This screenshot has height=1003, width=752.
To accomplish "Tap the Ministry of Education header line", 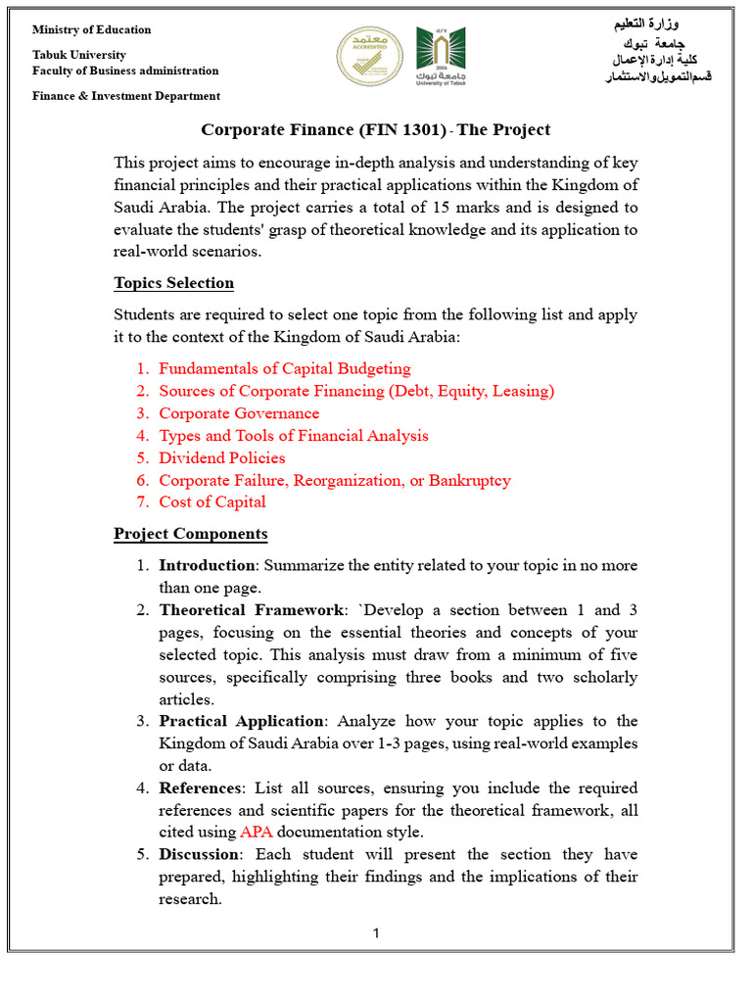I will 92,29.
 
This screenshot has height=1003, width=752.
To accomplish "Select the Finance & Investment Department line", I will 126,96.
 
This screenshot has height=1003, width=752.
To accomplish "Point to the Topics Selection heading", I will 173,283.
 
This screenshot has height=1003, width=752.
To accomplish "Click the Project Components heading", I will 190,534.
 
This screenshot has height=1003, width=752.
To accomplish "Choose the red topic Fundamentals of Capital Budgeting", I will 285,369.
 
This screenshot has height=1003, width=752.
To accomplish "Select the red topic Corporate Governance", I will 239,413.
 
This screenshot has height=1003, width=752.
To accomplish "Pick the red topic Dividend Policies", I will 222,457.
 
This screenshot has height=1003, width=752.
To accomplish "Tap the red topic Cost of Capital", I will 212,501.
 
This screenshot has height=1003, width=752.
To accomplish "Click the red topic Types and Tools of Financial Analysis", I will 294,436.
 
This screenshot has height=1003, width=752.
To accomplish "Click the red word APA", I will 257,833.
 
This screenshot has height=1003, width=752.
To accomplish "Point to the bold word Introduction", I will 207,565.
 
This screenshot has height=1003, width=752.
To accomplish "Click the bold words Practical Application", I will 241,721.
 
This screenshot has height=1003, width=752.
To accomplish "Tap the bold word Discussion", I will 201,854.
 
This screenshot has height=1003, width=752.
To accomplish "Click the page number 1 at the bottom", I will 376,933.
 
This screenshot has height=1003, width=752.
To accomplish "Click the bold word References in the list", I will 200,788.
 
